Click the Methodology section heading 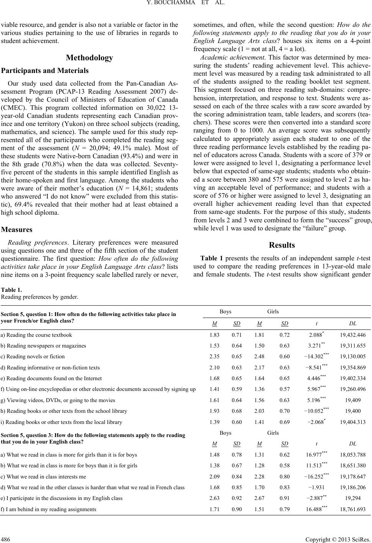pos(89,58)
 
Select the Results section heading pos(282,245)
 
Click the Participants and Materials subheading pos(45,71)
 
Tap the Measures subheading pos(17,230)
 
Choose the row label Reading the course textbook pos(36,335)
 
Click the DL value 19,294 pos(353,498)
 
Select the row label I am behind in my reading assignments pos(49,510)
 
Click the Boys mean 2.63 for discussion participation pos(214,498)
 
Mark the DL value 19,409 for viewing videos pos(353,400)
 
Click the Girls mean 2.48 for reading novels pos(259,357)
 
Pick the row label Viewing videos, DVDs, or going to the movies pos(58,400)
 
